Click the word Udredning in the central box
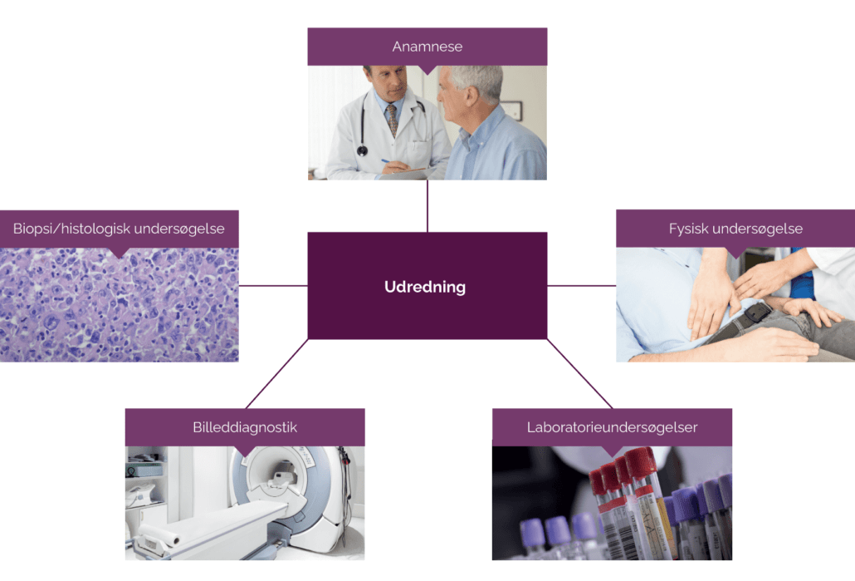coord(425,287)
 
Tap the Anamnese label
coord(427,47)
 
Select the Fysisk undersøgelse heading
coord(735,228)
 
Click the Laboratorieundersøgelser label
coord(612,427)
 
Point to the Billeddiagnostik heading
coord(244,427)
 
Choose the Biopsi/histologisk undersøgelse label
coord(119,228)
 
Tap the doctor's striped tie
coord(391,119)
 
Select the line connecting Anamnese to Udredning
coord(427,205)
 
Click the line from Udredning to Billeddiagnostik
coord(276,374)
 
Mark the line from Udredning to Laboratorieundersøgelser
coord(579,374)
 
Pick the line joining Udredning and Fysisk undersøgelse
coord(581,286)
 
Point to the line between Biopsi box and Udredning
coord(273,286)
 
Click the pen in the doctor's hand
coord(385,161)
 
